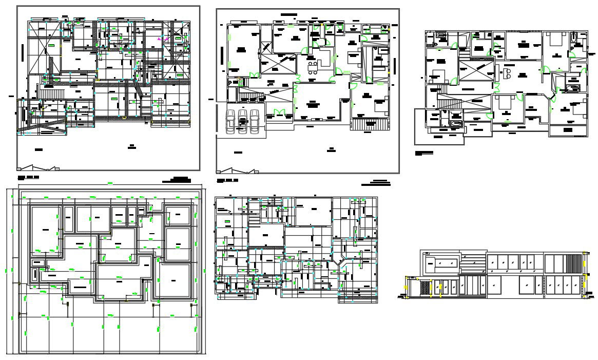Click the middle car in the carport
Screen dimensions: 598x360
pyautogui.click(x=242, y=121)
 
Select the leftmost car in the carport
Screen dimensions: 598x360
pyautogui.click(x=230, y=121)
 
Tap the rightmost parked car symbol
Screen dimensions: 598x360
pyautogui.click(x=254, y=121)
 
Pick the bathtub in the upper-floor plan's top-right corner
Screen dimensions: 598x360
pyautogui.click(x=574, y=39)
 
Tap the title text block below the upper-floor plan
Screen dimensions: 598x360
pyautogui.click(x=424, y=153)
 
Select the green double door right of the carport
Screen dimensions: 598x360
pyautogui.click(x=279, y=112)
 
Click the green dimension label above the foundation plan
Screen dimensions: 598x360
pyautogui.click(x=110, y=183)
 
